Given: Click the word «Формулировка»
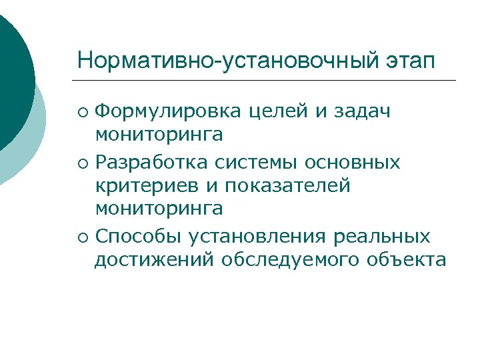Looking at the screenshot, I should click(167, 111).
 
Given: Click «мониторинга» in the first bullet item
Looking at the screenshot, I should click(159, 135).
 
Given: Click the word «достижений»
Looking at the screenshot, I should click(154, 260).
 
